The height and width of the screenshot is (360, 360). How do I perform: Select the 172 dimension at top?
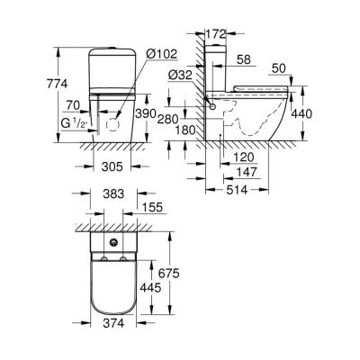(219, 34)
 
